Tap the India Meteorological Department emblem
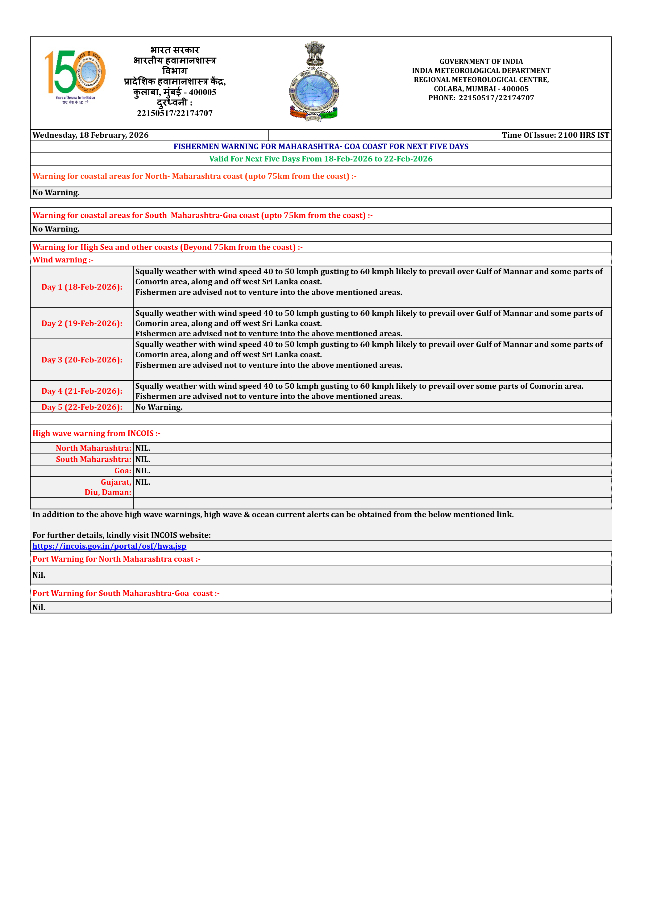point(314,82)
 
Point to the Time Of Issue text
point(555,135)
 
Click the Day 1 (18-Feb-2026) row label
point(82,287)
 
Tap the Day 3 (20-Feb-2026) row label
point(82,359)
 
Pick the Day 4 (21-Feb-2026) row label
point(82,391)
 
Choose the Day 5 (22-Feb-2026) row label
point(82,407)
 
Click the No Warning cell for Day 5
point(159,407)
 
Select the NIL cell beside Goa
point(143,471)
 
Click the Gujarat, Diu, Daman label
point(108,487)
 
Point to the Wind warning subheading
point(63,260)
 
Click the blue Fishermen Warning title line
point(321,147)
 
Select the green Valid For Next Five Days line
point(321,159)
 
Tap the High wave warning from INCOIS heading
point(96,433)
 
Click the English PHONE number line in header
point(481,98)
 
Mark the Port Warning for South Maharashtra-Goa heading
point(126,593)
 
